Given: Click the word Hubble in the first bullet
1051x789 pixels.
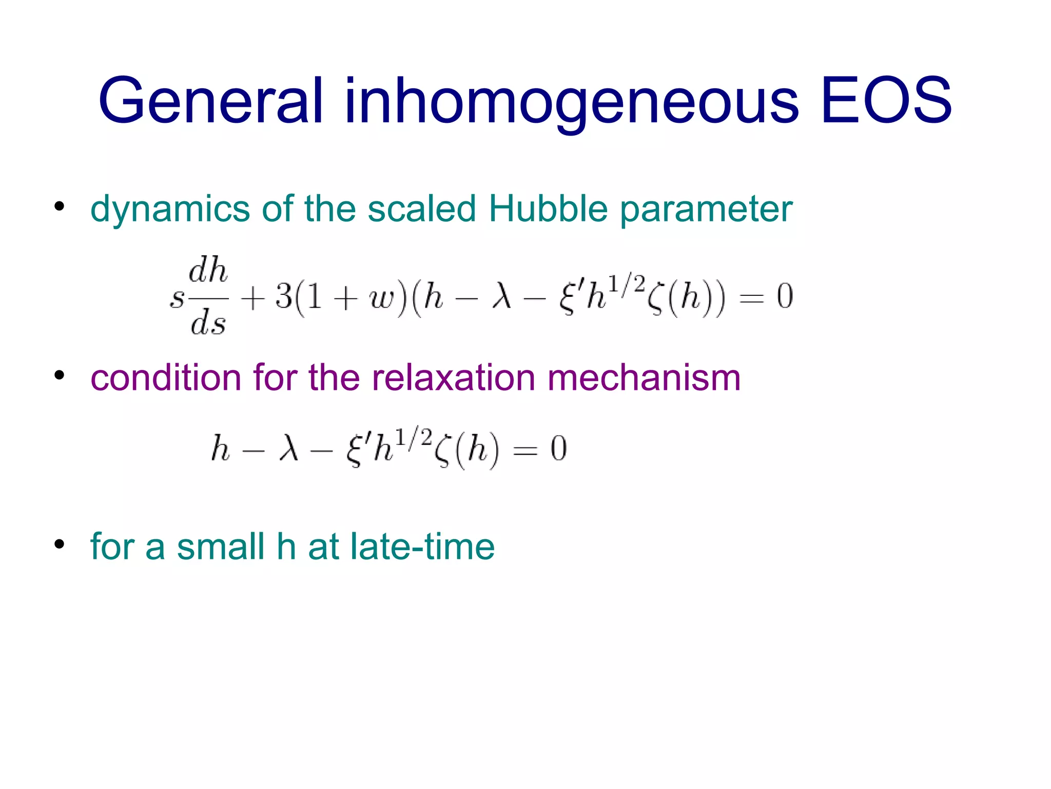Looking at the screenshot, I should pyautogui.click(x=548, y=209).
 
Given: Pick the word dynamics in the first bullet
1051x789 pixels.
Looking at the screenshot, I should pyautogui.click(x=170, y=209).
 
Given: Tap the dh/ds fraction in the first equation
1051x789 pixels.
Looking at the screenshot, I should pyautogui.click(x=208, y=296).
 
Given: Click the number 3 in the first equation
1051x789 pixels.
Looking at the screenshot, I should pyautogui.click(x=283, y=296).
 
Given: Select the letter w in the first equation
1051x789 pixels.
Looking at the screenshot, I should pyautogui.click(x=380, y=298).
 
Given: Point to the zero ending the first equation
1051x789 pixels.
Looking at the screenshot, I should pyautogui.click(x=785, y=296).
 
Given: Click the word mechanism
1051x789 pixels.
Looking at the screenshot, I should pyautogui.click(x=644, y=378).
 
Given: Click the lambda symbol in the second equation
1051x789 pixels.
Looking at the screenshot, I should pyautogui.click(x=288, y=448).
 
